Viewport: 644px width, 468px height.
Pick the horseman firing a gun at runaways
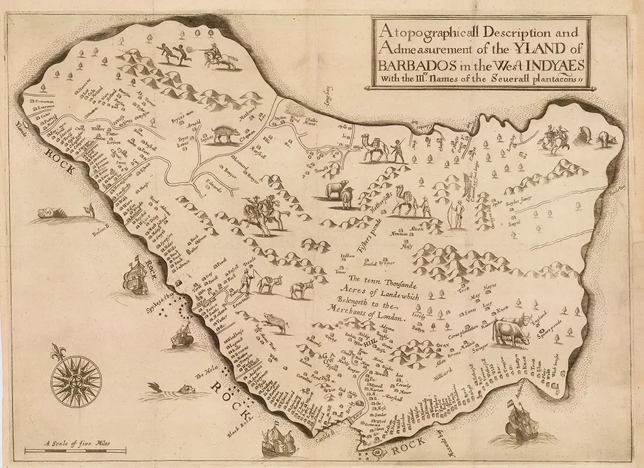point(218,55)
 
